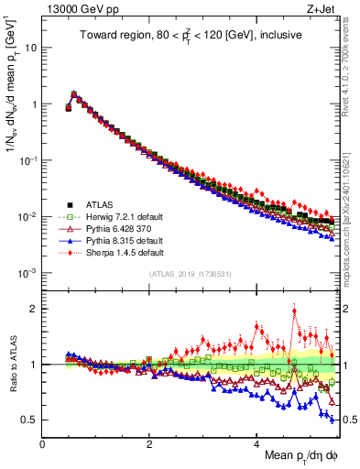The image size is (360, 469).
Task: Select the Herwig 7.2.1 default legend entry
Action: click(101, 214)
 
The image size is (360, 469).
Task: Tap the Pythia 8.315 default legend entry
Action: click(100, 238)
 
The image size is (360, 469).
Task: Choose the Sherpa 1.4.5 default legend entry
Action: click(101, 250)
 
